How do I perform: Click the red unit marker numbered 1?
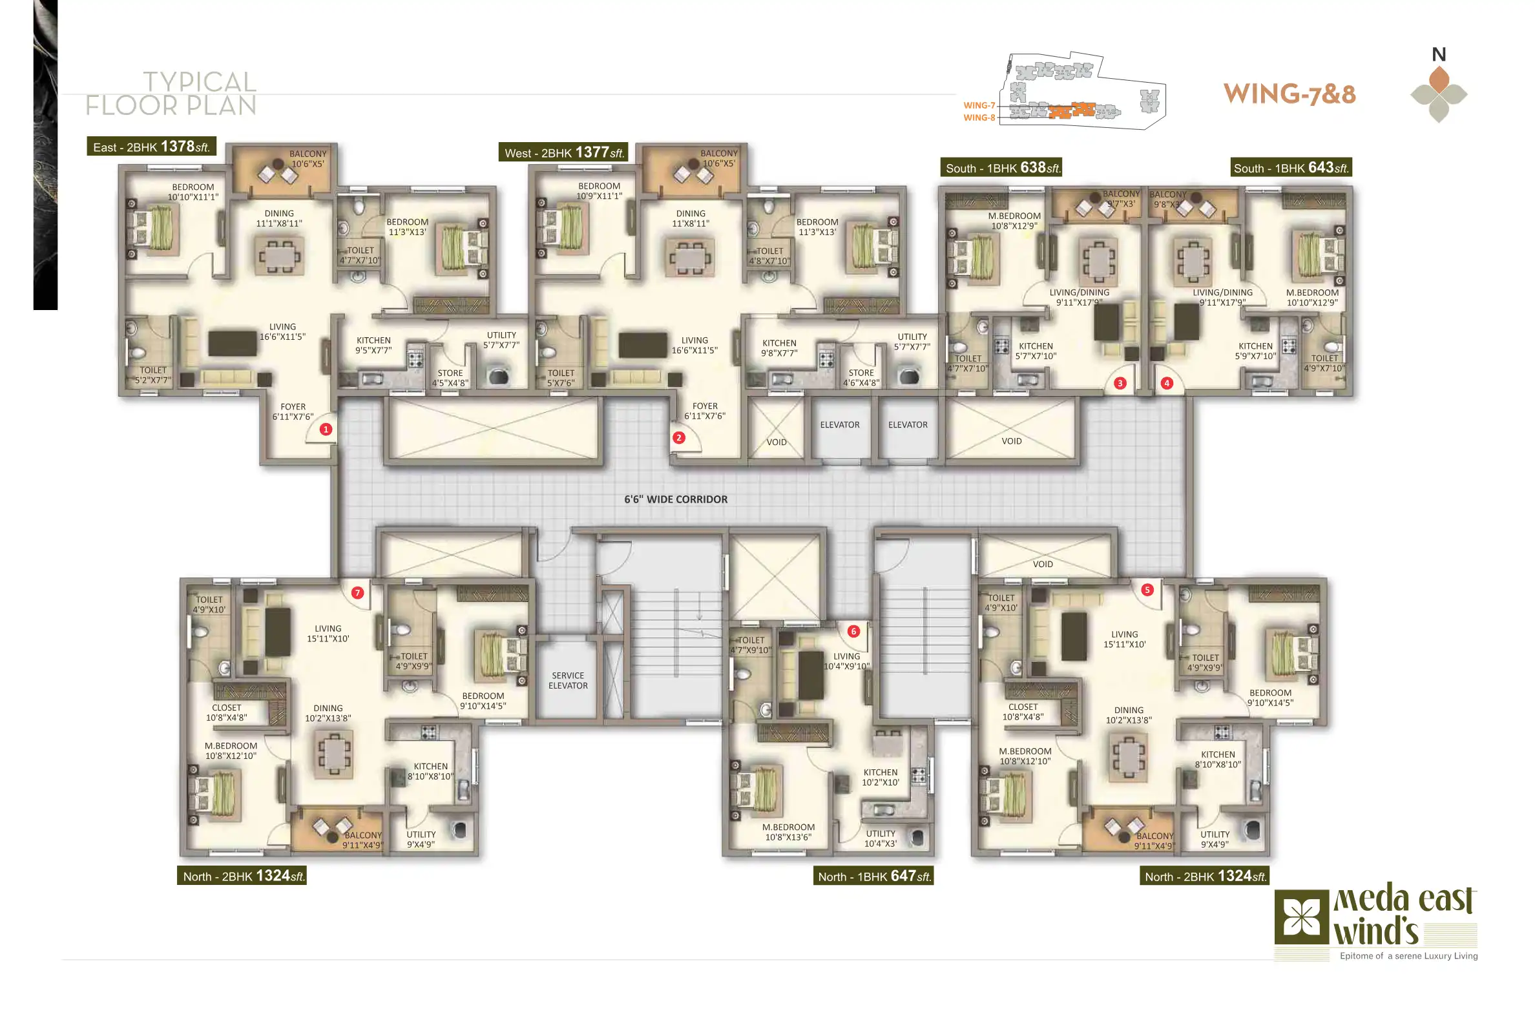coord(326,430)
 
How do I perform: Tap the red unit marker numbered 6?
coord(853,631)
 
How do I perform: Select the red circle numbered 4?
coord(1166,383)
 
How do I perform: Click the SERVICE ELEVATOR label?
coord(568,681)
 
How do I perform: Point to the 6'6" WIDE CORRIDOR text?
coord(675,499)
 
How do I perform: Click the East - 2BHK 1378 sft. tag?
coord(152,147)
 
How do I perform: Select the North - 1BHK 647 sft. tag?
coord(873,876)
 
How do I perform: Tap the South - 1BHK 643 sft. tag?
coord(1290,167)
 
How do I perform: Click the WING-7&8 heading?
coord(1290,94)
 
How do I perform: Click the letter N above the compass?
coord(1439,54)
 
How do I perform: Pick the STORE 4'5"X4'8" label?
coord(450,378)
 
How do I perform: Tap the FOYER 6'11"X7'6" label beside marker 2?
coord(705,411)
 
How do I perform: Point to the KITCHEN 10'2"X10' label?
coord(880,777)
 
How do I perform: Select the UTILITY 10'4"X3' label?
coord(880,838)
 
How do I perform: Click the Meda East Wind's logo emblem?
coord(1301,917)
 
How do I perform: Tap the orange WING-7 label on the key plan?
coord(979,106)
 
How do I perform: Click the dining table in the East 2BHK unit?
coord(280,256)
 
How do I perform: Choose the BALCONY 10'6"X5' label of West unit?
coord(718,158)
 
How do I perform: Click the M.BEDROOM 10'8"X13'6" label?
coord(788,832)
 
